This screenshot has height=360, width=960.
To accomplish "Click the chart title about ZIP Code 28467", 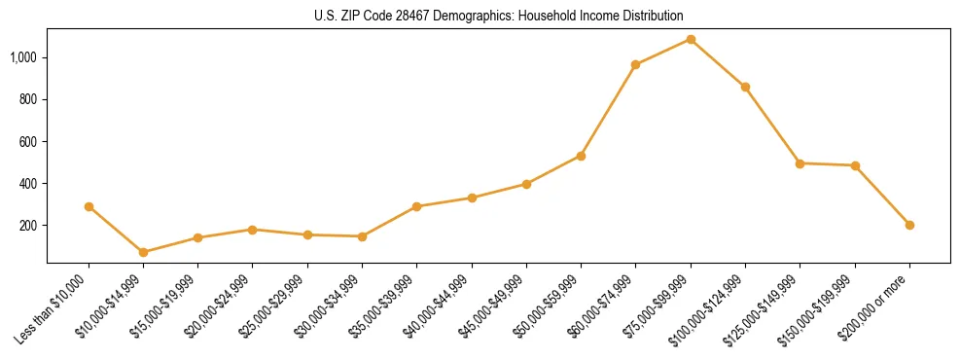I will pyautogui.click(x=499, y=16).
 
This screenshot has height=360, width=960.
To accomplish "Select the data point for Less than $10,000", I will pyautogui.click(x=89, y=206).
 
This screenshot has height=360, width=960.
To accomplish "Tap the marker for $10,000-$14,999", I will pyautogui.click(x=143, y=252).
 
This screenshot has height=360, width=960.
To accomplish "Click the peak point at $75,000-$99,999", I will pyautogui.click(x=691, y=39).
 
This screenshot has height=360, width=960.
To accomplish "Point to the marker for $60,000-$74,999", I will pyautogui.click(x=635, y=64).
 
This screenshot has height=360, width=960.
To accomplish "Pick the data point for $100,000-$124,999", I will pyautogui.click(x=745, y=87).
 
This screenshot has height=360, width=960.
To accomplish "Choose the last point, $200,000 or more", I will pyautogui.click(x=909, y=225).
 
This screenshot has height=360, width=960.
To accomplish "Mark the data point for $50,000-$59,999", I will pyautogui.click(x=581, y=156).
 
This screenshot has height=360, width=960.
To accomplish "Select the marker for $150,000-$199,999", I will pyautogui.click(x=855, y=165).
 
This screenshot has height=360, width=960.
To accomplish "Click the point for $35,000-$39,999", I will pyautogui.click(x=416, y=206).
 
